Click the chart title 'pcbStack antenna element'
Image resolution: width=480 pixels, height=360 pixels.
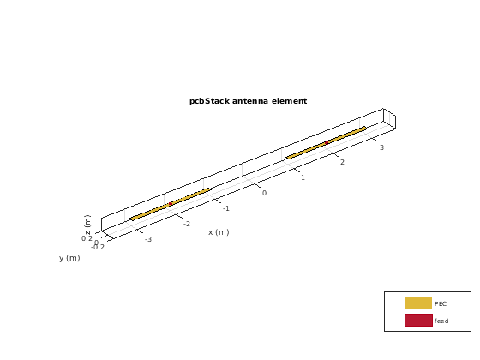(248, 101)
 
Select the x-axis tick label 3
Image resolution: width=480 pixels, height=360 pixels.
(381, 147)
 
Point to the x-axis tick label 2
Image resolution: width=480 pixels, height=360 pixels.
(342, 162)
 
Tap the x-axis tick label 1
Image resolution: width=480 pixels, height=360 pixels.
(303, 177)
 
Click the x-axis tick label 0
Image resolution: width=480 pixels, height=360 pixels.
(264, 193)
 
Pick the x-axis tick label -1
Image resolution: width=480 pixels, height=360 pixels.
(226, 208)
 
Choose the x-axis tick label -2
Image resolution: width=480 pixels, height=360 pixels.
(187, 224)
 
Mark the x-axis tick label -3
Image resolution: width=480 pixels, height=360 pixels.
(148, 239)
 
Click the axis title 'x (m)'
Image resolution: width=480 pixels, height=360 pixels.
(219, 232)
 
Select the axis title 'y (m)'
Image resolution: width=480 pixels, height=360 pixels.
(69, 258)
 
